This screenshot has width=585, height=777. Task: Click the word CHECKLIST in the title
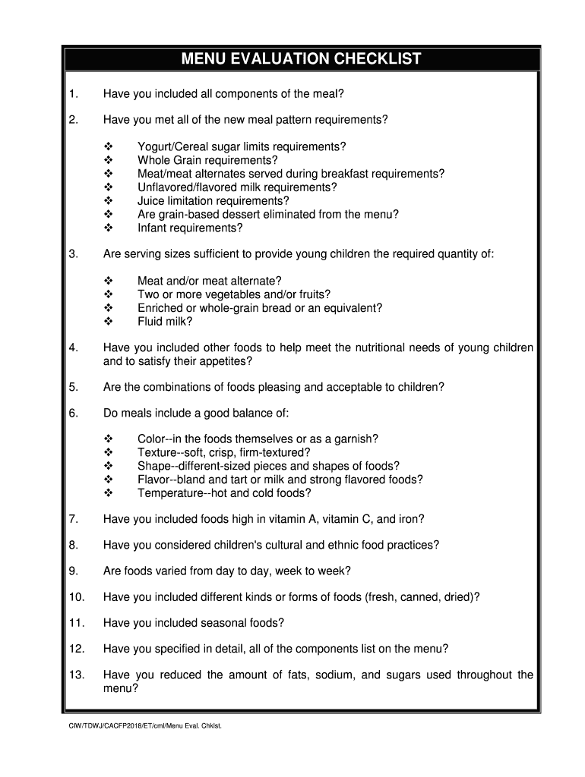(375, 59)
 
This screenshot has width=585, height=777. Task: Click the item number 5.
(73, 387)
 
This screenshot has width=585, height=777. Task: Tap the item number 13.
(76, 675)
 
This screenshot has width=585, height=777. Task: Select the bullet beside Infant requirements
(108, 228)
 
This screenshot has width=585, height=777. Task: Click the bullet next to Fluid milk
(108, 321)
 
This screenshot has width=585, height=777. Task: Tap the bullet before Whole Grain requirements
(108, 160)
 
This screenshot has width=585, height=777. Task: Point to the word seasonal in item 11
(224, 623)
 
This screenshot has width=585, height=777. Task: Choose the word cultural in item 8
(281, 545)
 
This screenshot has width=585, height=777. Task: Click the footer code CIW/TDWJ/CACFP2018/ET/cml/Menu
(129, 726)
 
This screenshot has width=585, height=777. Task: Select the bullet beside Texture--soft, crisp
(108, 453)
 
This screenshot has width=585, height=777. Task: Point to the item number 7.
(73, 519)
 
